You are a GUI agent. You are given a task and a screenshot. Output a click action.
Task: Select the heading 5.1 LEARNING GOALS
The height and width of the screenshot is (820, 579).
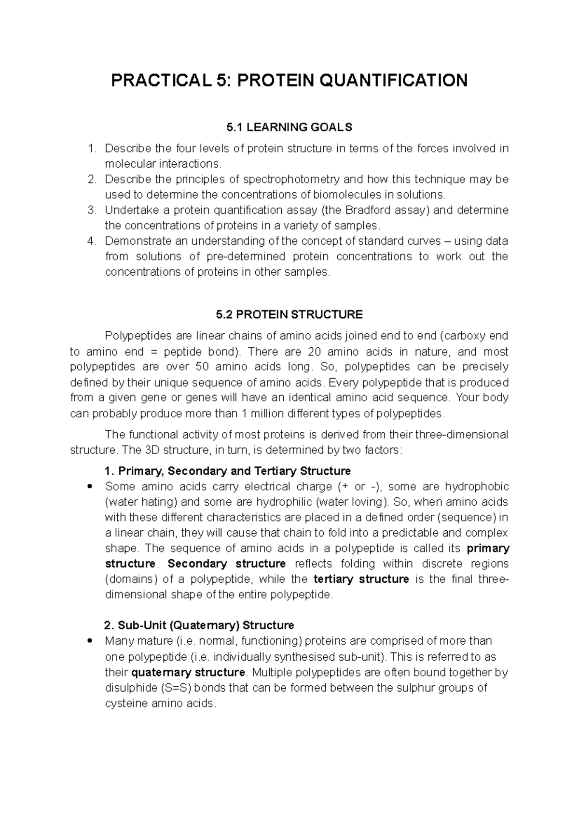pos(289,127)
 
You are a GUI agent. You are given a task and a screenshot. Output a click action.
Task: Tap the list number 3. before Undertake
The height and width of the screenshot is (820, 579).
pos(92,210)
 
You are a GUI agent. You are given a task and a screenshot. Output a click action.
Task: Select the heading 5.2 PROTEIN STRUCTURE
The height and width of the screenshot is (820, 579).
pos(289,315)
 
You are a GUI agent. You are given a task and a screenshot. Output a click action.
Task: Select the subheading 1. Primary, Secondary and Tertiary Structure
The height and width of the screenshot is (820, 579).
pos(227,471)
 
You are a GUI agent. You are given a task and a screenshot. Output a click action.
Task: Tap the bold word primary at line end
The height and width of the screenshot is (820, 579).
pos(488,549)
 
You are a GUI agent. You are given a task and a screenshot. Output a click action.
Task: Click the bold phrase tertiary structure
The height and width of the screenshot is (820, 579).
pos(361,579)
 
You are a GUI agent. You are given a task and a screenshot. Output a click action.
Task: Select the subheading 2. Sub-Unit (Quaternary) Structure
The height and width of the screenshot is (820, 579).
pos(199,625)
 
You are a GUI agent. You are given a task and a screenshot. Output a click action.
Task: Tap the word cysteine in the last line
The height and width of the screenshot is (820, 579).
pos(126,703)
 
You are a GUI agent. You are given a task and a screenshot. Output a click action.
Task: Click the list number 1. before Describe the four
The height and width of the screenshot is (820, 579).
pos(92,148)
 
